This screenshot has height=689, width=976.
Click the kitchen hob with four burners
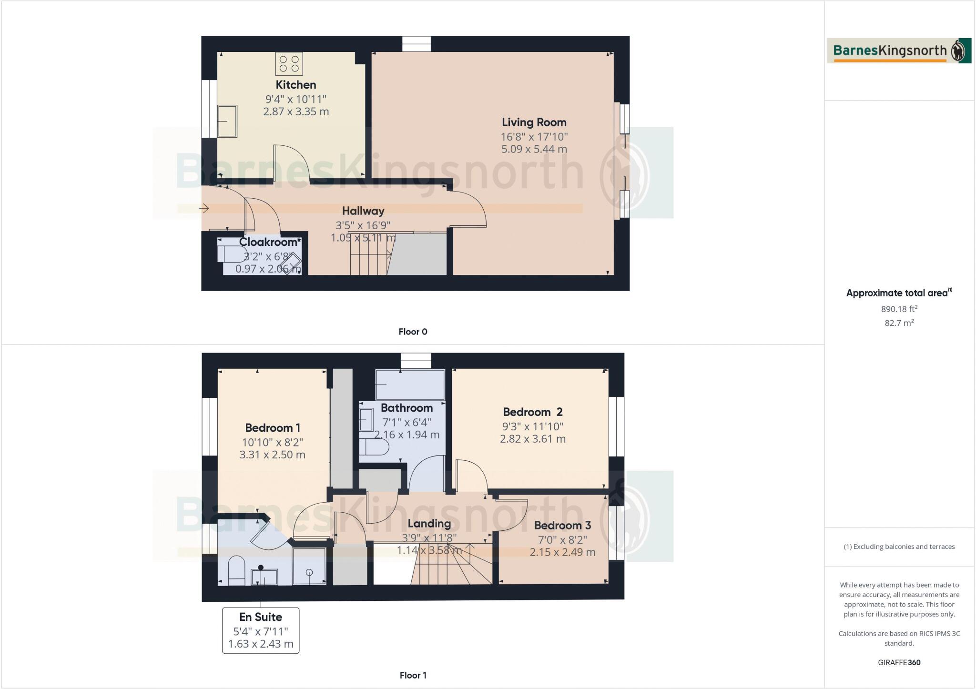pos(289,64)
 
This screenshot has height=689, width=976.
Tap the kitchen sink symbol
pos(227,121)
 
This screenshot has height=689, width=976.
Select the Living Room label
pos(534,122)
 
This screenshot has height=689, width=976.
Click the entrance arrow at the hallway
pos(204,208)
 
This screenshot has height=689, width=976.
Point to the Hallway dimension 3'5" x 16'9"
pos(363,225)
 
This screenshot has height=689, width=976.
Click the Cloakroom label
pos(269,242)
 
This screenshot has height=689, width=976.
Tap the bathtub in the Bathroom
pos(410,385)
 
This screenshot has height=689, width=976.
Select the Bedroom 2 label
pos(532,412)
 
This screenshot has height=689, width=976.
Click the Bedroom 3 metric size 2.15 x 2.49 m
pos(562,552)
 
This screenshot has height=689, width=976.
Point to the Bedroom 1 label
pos(273,428)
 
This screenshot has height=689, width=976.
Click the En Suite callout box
pos(261,630)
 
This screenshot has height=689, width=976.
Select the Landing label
pos(429,524)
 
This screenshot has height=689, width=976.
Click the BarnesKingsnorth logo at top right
pos(899,51)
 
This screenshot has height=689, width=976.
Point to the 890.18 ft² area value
pos(899,309)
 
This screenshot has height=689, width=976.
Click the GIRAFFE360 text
pos(899,662)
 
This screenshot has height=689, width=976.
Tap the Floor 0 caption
pos(413,332)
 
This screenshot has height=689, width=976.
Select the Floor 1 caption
pos(413,675)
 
